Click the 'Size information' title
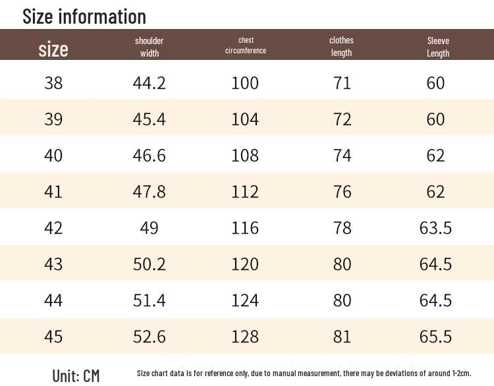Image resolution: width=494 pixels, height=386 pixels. (84, 16)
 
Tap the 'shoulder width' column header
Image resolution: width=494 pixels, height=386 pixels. (150, 47)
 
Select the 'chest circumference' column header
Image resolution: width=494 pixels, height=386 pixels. (246, 45)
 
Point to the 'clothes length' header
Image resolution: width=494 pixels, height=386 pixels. (341, 46)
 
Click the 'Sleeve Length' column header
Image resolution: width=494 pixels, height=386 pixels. (438, 47)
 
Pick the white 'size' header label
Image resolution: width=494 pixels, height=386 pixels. (53, 49)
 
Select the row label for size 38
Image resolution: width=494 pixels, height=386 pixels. (53, 83)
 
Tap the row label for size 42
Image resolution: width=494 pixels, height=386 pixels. (53, 228)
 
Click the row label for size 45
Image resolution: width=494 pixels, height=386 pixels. (53, 337)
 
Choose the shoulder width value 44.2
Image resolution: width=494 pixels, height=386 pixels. (149, 83)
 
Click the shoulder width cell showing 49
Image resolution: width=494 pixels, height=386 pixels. (149, 228)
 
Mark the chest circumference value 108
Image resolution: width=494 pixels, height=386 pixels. (245, 155)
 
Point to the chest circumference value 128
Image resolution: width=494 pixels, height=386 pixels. (245, 337)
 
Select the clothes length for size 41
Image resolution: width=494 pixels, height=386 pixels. (342, 192)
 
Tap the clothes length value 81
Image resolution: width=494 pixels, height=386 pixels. (342, 337)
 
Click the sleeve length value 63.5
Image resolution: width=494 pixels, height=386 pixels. (435, 228)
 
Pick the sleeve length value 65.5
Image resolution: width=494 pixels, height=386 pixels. (435, 337)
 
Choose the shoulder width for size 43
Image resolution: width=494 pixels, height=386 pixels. (149, 264)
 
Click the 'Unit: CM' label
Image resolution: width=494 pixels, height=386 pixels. (76, 375)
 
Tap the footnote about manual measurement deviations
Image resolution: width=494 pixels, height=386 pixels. (304, 373)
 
